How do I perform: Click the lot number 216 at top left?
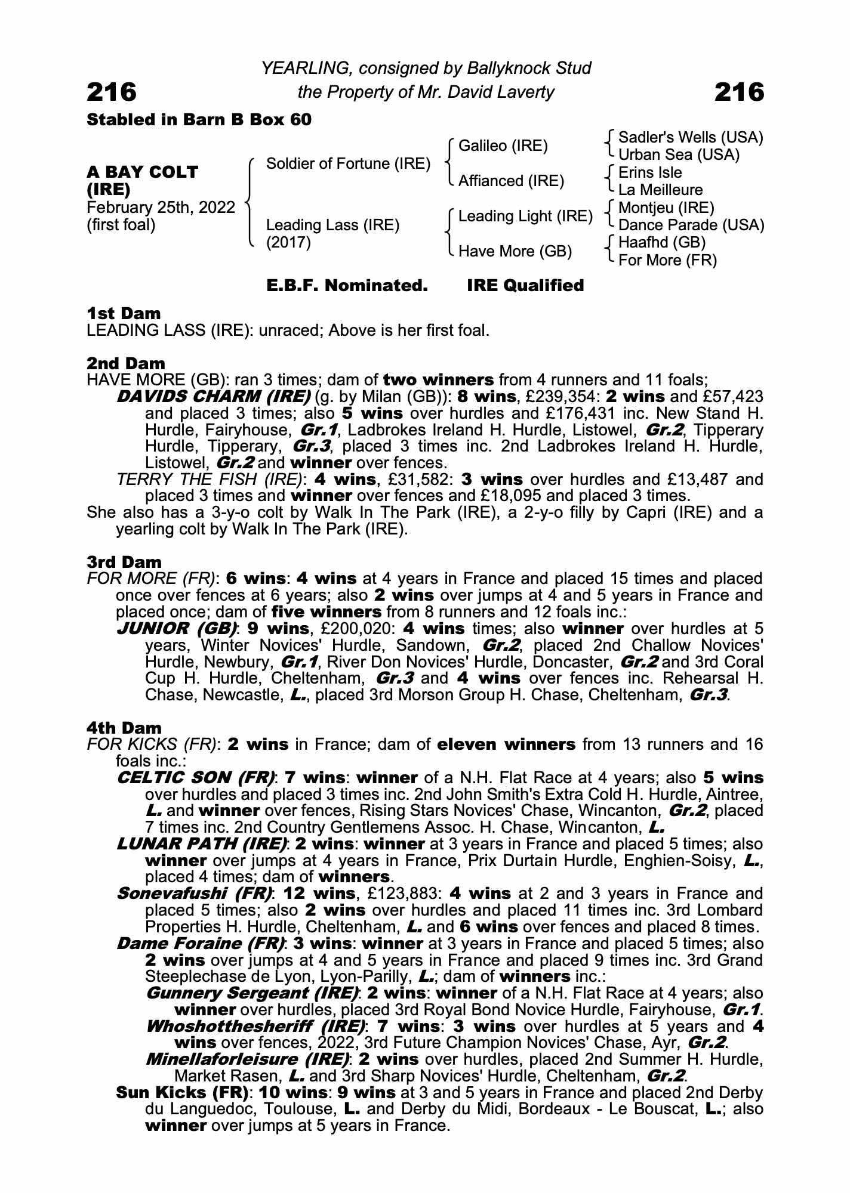[x=112, y=92]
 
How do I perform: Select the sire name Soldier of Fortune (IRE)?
[x=348, y=163]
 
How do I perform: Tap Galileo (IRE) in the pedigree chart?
[x=503, y=146]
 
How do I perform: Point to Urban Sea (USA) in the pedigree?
[x=679, y=155]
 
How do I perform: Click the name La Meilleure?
[x=660, y=190]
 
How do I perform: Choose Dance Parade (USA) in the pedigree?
[x=691, y=225]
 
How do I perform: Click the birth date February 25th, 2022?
[x=161, y=208]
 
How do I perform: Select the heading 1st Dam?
[x=124, y=313]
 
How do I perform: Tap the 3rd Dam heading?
[x=124, y=562]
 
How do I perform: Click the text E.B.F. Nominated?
[x=347, y=286]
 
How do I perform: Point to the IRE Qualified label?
[x=525, y=286]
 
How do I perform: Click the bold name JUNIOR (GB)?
[x=176, y=629]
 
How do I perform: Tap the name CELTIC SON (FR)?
[x=196, y=778]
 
